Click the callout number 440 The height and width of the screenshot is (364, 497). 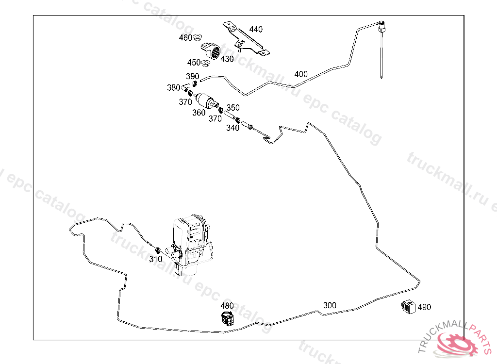pyautogui.click(x=256, y=30)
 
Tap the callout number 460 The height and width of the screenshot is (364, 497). pyautogui.click(x=185, y=37)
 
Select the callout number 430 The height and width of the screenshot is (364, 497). pyautogui.click(x=227, y=59)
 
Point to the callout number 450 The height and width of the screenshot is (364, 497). pyautogui.click(x=194, y=63)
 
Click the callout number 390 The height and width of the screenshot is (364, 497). pyautogui.click(x=193, y=76)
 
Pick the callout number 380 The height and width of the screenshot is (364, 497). pyautogui.click(x=173, y=88)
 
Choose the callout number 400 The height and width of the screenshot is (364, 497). pyautogui.click(x=301, y=74)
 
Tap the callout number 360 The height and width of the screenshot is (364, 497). pyautogui.click(x=199, y=113)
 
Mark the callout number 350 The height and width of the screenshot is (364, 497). pyautogui.click(x=233, y=108)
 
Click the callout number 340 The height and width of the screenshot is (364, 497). pyautogui.click(x=233, y=128)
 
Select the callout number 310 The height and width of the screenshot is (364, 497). pyautogui.click(x=155, y=259)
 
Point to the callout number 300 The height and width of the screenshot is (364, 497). pyautogui.click(x=330, y=305)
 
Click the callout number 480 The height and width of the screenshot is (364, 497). pyautogui.click(x=227, y=306)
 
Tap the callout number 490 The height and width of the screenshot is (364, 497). pyautogui.click(x=424, y=307)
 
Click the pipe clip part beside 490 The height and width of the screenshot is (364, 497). pyautogui.click(x=408, y=307)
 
